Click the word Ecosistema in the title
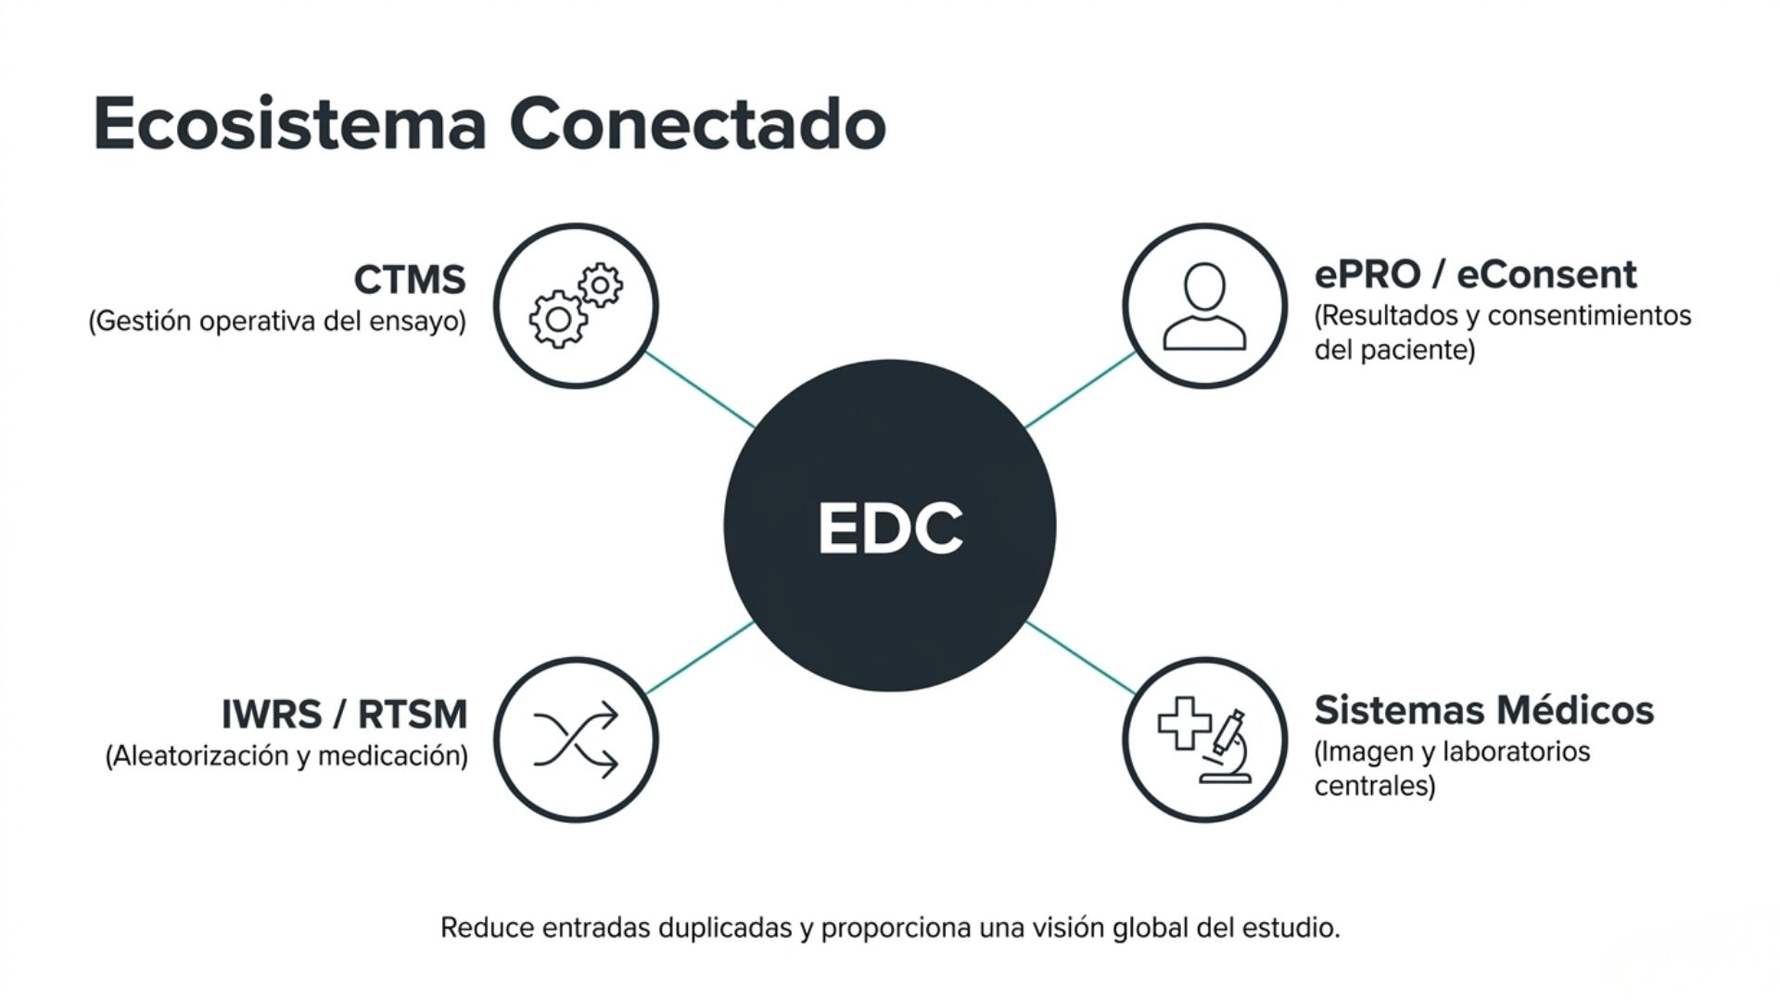click(x=290, y=123)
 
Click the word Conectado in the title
click(x=698, y=123)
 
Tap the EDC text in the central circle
click(x=890, y=527)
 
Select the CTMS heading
click(x=410, y=279)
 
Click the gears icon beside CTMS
click(x=576, y=305)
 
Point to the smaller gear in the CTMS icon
click(x=601, y=285)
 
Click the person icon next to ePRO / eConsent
click(x=1204, y=306)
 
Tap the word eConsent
click(x=1546, y=274)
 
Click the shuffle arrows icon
click(x=576, y=740)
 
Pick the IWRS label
click(x=271, y=715)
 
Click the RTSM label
click(x=413, y=715)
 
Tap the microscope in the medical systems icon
click(x=1226, y=747)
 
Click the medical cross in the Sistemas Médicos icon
click(x=1184, y=723)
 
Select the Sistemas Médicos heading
click(x=1483, y=710)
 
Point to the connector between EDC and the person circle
click(x=1080, y=390)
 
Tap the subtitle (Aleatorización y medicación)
click(x=286, y=756)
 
